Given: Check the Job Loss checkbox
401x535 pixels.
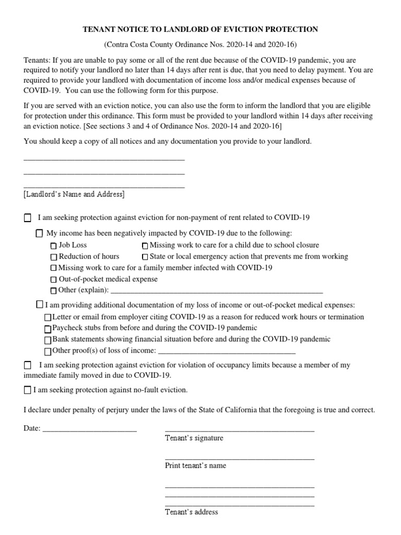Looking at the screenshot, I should pos(53,246).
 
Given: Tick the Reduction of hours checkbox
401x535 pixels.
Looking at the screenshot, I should pos(53,257).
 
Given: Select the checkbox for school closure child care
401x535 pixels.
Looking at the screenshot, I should pos(145,246).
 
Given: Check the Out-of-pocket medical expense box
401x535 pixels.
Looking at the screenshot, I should pos(53,280).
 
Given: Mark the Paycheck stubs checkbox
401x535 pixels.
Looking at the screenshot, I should pos(48,329).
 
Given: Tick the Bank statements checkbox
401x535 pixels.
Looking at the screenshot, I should pos(48,340).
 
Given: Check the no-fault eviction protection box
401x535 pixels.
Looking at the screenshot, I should pos(28,390).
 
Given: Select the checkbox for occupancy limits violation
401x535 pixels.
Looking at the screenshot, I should pos(28,365).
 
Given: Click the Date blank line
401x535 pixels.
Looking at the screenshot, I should pos(89,430).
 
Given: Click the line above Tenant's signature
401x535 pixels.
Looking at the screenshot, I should pos(239,430).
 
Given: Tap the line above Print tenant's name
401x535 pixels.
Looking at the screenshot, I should pos(239,458).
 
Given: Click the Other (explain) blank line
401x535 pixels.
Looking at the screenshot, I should pos(217,292).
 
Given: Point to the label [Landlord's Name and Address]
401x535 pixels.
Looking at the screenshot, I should pos(74,194).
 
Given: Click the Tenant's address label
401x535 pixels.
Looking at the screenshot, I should pos(191,512).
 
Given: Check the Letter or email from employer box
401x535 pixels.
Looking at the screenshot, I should pos(48,317).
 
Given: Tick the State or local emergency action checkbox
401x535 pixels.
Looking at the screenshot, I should pos(145,257).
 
